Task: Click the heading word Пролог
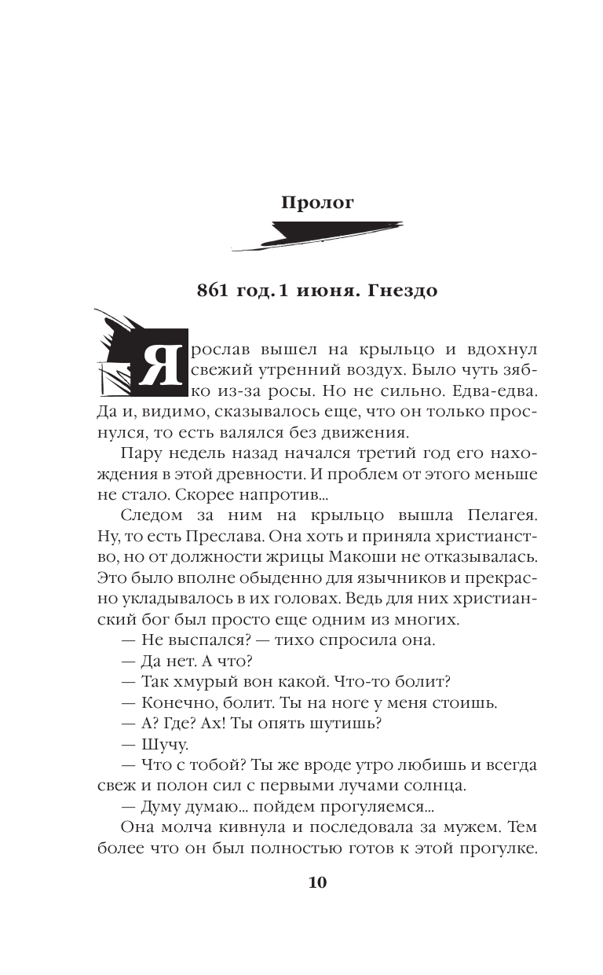317,203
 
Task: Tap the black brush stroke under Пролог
317,236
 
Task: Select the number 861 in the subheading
214,291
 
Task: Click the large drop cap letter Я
160,368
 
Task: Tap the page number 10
317,882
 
